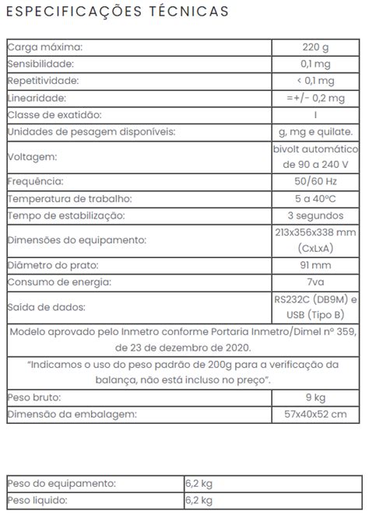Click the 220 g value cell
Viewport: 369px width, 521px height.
[316, 47]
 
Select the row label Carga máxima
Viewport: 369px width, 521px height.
[44, 47]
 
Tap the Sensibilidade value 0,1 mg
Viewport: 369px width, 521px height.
[316, 64]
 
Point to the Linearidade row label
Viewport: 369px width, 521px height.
[37, 98]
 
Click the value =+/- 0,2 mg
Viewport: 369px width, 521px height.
[315, 98]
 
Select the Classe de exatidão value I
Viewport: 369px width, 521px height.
[316, 115]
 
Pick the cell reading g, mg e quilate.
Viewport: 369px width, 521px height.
[315, 132]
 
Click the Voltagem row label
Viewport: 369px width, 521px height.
[32, 156]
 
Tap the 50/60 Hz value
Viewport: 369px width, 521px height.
[316, 181]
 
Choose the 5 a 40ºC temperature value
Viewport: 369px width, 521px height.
[316, 198]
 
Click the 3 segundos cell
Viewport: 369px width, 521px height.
[316, 215]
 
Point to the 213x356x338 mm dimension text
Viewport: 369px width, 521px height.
[316, 232]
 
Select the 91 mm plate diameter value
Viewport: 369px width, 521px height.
[316, 265]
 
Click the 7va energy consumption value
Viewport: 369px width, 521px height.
[316, 282]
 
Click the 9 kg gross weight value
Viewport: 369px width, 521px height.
[316, 397]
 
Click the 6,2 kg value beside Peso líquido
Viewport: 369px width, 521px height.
[199, 500]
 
